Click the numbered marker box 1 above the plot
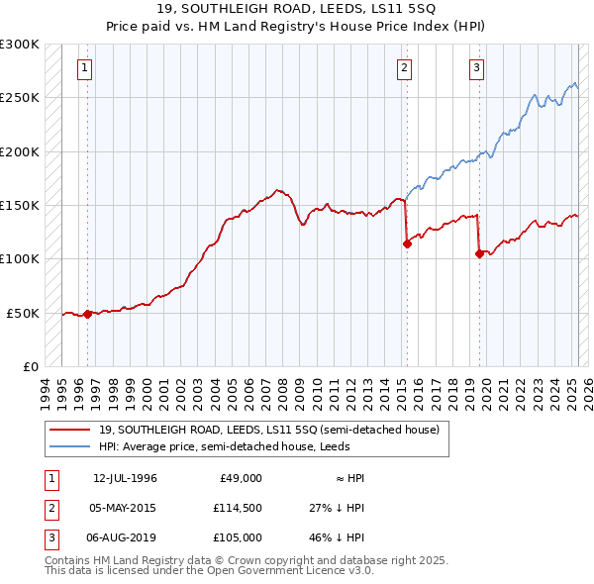click(x=85, y=68)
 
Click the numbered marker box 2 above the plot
click(x=405, y=68)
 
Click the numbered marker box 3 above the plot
click(x=476, y=68)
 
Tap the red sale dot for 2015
click(x=407, y=243)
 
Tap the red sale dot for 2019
click(x=479, y=253)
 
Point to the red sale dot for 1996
click(x=87, y=314)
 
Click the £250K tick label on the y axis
click(x=20, y=98)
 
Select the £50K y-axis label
click(x=24, y=313)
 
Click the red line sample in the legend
click(x=69, y=430)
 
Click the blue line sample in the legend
click(x=69, y=446)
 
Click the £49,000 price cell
click(x=239, y=478)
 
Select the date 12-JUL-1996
click(x=125, y=478)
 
